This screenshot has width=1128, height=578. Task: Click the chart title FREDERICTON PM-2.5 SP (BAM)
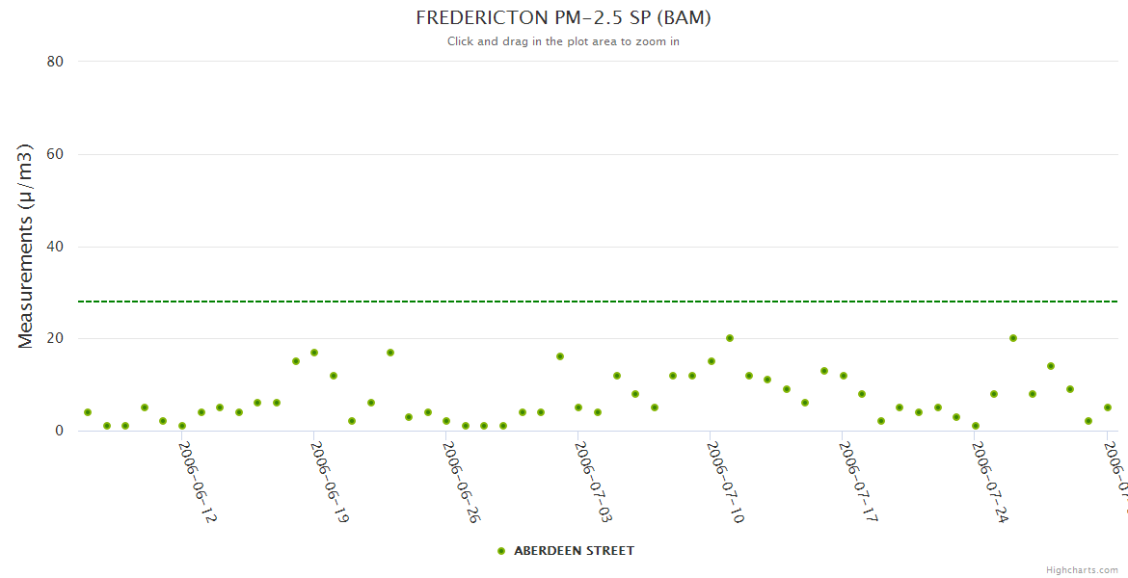[563, 18]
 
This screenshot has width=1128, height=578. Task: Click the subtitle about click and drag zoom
[563, 41]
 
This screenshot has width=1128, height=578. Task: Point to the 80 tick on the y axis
[55, 62]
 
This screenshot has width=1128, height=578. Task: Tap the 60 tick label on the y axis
[55, 154]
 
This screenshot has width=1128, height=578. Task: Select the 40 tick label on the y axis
[55, 247]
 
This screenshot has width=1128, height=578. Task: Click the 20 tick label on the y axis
[55, 339]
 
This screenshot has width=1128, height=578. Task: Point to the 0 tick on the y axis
[59, 432]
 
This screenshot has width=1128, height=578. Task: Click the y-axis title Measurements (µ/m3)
[26, 246]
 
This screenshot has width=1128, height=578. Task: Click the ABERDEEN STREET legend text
[574, 551]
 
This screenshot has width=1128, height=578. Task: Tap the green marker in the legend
[500, 551]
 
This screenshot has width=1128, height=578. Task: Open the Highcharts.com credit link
[1082, 570]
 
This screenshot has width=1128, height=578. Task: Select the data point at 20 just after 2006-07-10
[730, 338]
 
